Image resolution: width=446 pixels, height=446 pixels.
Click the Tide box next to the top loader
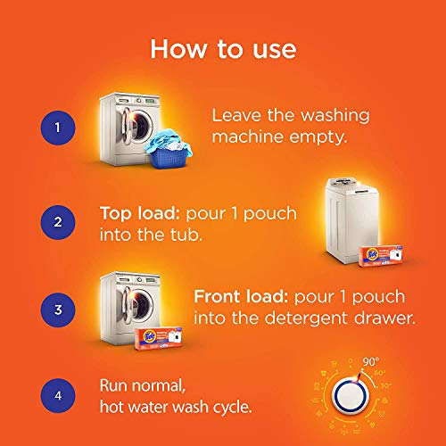coord(381,253)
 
